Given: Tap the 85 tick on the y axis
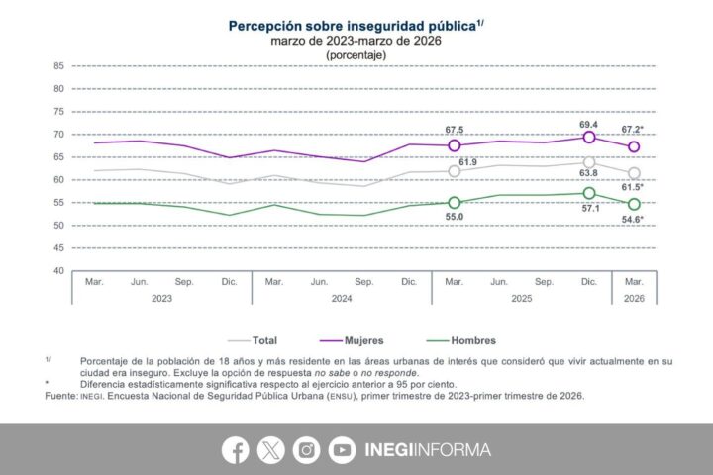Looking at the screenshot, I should [58, 66].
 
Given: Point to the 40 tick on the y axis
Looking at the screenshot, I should [58, 270].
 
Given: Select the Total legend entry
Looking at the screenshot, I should [258, 339].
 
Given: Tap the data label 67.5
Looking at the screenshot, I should [455, 129].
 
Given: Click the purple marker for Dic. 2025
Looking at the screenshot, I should [589, 138].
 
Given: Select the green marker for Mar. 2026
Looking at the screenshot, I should [634, 204].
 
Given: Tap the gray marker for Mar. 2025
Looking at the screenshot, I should [455, 171].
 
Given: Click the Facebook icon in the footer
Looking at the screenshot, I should [235, 450].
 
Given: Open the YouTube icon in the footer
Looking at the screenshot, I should [342, 450].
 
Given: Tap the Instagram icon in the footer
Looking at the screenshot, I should [306, 450].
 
